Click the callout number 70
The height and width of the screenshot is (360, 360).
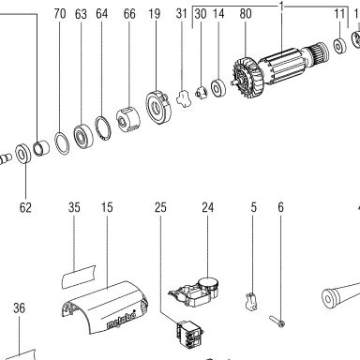point(60,14)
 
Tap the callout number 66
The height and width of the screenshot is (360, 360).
point(129,14)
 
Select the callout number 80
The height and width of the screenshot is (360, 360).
point(246,14)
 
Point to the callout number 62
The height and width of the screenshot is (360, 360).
point(25,207)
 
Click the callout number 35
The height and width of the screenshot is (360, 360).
point(74,207)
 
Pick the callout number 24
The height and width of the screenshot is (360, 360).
point(208,207)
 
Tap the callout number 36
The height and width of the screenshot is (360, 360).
point(19,308)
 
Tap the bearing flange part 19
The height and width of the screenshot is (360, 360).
point(158,108)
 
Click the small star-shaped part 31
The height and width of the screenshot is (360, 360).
point(184,98)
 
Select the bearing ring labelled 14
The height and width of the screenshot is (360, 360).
point(218,88)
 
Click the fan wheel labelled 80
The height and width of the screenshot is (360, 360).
point(248,80)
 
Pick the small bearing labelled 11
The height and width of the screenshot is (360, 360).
point(339,46)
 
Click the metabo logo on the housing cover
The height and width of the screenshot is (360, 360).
point(121,321)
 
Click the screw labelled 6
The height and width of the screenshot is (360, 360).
point(277,321)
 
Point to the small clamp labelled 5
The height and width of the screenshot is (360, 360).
point(251,301)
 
